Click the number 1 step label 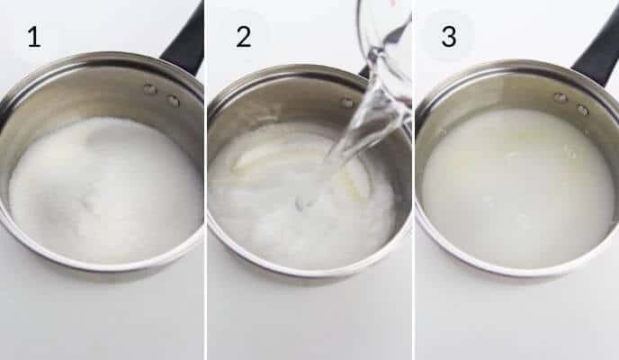(x=33, y=38)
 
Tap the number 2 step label (x=243, y=38)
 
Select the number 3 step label (x=447, y=38)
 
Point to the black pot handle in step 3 (x=597, y=54)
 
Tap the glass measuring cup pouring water (x=385, y=36)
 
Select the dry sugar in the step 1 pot (x=103, y=189)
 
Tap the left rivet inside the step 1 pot (x=149, y=89)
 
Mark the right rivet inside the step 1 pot (x=173, y=101)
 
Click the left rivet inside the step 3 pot (x=560, y=97)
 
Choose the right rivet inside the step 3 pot (x=582, y=110)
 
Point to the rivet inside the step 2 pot (x=347, y=103)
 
